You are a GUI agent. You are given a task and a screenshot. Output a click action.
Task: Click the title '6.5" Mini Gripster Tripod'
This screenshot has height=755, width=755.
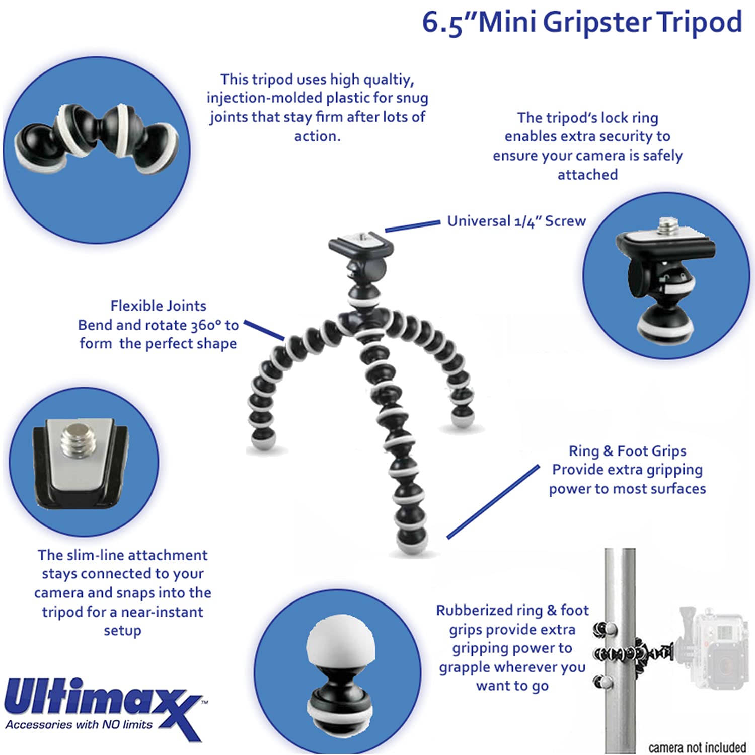coord(582,23)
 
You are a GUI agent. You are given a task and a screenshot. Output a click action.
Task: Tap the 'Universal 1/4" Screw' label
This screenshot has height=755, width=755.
coord(516,221)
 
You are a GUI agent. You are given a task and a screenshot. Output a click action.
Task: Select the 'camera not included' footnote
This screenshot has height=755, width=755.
coord(697,747)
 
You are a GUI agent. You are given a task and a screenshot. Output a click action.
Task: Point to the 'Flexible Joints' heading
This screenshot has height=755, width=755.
coord(158,306)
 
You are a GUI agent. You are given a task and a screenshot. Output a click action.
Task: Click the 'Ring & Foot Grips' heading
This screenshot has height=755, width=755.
coord(627,450)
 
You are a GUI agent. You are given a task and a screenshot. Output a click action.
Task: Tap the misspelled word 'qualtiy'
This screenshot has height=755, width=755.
coord(388,80)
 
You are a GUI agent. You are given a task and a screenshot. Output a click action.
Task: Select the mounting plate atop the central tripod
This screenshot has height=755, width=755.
coord(361,244)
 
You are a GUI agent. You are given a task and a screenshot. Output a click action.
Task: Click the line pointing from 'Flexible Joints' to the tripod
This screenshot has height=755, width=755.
coord(264,330)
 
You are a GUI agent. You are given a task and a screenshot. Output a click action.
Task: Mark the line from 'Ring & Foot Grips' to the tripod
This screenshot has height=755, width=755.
coord(493,501)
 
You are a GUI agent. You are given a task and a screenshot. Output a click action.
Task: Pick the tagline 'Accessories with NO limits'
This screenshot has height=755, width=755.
coord(79,724)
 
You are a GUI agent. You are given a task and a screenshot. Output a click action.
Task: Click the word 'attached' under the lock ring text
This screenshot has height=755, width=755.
coord(587,174)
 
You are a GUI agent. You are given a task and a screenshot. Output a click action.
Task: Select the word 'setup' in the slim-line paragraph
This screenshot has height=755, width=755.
coord(122,631)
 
